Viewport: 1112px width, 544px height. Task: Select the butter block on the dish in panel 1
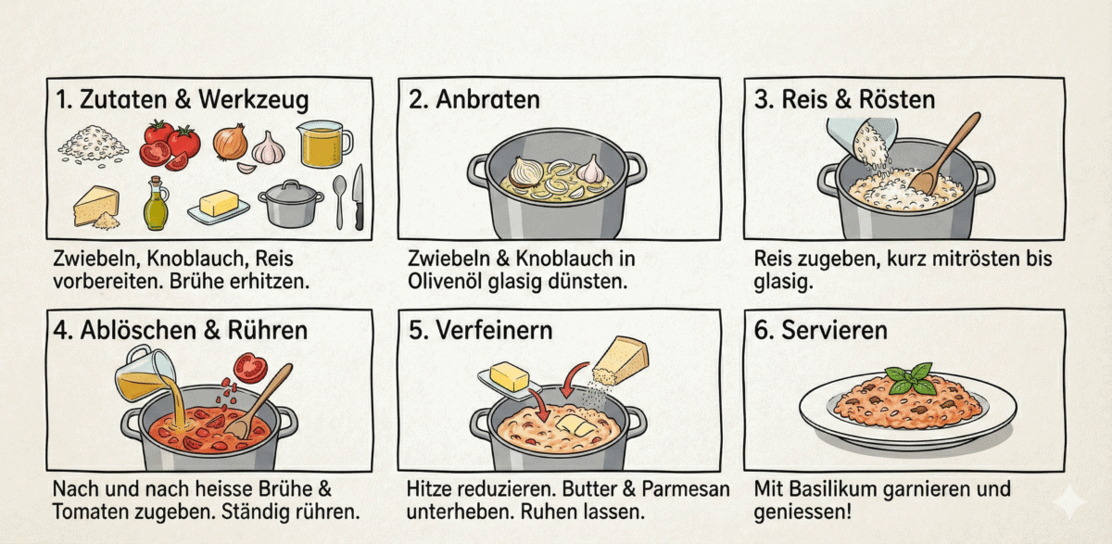click(x=219, y=203)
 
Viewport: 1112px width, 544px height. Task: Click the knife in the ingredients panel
click(x=359, y=196)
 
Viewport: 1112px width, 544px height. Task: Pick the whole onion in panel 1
click(x=230, y=143)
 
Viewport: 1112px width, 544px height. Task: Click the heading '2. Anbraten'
click(x=474, y=99)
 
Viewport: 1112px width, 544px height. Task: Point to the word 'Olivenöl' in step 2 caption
click(x=447, y=280)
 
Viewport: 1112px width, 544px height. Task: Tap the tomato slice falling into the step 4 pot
click(x=249, y=368)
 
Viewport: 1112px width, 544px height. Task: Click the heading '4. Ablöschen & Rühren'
click(x=182, y=329)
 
